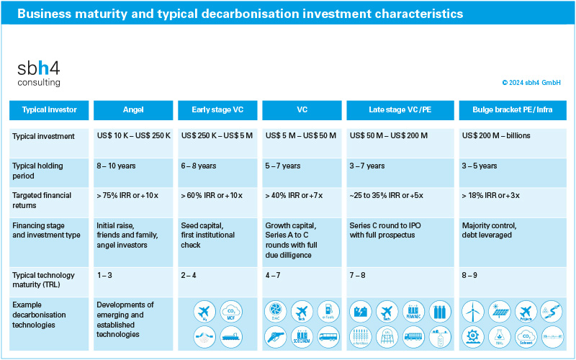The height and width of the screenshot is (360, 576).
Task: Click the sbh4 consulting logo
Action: (x=39, y=73)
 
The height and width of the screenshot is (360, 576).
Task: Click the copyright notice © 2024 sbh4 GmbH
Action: (x=531, y=83)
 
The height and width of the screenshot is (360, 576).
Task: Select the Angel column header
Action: (x=133, y=110)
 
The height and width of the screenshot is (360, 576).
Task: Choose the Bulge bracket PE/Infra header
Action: (x=513, y=110)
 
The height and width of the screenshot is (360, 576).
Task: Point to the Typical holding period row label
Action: (x=37, y=171)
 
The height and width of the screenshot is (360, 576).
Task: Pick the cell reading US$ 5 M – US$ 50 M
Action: (x=301, y=135)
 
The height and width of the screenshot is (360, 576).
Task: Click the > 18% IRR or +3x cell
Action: (x=492, y=195)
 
